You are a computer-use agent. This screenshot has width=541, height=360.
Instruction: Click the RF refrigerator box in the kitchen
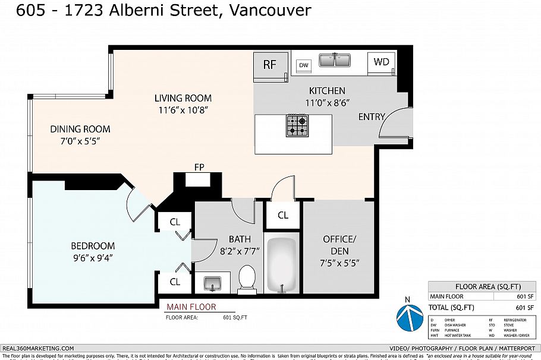click(270, 65)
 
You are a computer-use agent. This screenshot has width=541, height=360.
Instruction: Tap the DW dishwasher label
click(304, 65)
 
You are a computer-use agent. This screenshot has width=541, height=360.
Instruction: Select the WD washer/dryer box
click(381, 61)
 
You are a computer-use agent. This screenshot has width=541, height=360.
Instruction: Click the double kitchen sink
click(335, 61)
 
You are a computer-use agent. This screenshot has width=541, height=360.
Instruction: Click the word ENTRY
click(372, 116)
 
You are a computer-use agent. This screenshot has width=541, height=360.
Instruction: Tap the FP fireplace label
click(199, 168)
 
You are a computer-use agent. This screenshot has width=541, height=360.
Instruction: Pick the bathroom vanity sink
click(212, 283)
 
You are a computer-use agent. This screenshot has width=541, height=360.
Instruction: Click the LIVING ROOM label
click(183, 98)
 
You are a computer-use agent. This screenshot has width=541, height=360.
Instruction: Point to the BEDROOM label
click(93, 246)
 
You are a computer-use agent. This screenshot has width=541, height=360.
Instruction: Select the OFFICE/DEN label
click(339, 244)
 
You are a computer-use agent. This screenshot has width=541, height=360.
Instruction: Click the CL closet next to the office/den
click(283, 215)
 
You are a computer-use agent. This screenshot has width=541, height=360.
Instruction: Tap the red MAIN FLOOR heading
click(191, 307)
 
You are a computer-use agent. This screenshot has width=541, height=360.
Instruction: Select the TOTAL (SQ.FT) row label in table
click(452, 307)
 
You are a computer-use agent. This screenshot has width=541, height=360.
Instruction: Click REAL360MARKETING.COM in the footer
click(39, 348)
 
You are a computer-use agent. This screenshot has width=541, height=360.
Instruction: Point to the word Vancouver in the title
click(269, 10)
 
